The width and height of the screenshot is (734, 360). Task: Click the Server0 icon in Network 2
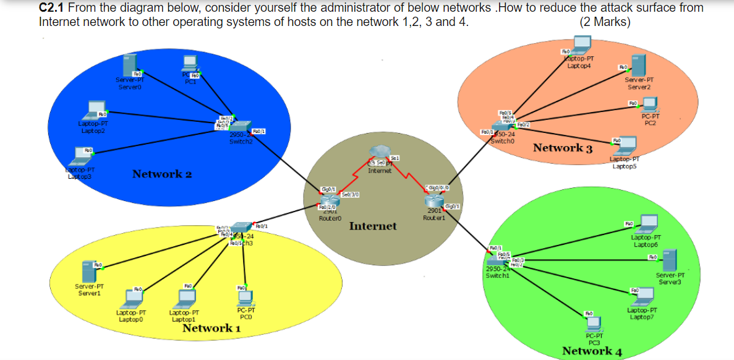[129, 65]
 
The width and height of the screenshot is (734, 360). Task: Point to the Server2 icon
[639, 66]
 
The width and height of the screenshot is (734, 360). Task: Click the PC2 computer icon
[650, 105]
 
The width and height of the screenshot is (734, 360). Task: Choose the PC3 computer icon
[594, 324]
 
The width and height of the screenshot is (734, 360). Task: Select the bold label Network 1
[211, 328]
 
